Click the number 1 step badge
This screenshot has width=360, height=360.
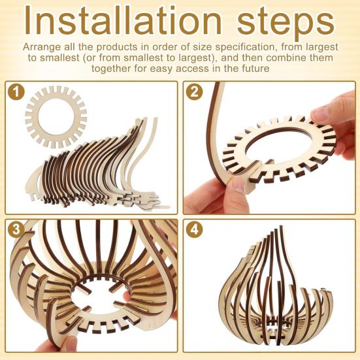click(x=16, y=92)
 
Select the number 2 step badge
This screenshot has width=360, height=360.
click(x=193, y=92)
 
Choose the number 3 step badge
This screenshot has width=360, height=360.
click(x=16, y=229)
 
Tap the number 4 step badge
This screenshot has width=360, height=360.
click(x=193, y=229)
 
